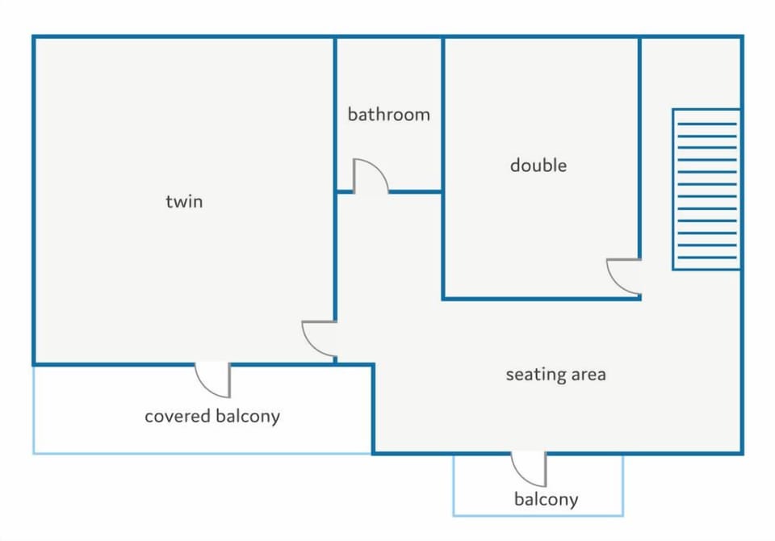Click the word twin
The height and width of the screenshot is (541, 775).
(x=184, y=201)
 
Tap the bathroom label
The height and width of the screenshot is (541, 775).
(x=388, y=114)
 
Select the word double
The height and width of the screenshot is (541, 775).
(x=538, y=165)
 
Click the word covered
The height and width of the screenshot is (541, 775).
(x=178, y=416)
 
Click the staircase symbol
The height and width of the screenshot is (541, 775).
(x=706, y=190)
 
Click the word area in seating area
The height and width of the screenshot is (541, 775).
(x=589, y=375)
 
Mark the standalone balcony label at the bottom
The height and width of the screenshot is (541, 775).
(x=547, y=500)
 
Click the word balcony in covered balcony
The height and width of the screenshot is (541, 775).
(x=248, y=417)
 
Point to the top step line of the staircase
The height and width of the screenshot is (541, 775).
(x=707, y=124)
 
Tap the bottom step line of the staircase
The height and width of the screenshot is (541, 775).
(x=707, y=258)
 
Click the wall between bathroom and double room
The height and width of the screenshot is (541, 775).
(x=443, y=115)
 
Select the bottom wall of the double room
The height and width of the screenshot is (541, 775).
(x=542, y=298)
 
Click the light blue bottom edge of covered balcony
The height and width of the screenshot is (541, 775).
(x=202, y=453)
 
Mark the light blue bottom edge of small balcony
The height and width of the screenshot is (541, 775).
(x=538, y=515)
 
